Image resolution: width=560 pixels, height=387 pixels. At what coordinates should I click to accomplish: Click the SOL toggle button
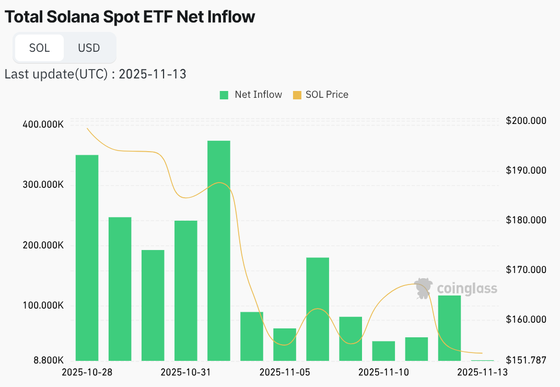[x=39, y=48]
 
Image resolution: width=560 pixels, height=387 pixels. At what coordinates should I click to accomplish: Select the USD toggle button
[x=89, y=48]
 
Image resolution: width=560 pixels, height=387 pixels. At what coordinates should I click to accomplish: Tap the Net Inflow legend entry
[x=251, y=95]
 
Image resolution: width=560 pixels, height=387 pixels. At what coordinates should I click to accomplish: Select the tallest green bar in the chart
[x=218, y=251]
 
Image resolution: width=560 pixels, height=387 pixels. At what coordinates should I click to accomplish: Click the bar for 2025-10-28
[x=87, y=258]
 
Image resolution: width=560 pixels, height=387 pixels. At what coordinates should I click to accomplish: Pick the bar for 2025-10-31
[x=186, y=290]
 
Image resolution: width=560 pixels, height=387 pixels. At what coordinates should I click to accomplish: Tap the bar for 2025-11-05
[x=285, y=344]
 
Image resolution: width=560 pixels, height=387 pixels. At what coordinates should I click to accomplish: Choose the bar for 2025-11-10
[x=383, y=350]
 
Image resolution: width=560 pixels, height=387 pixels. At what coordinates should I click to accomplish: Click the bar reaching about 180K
[x=318, y=309]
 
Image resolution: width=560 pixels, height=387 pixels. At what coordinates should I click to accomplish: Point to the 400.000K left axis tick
[x=43, y=125]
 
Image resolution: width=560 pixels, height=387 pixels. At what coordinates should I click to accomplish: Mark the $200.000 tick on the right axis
[x=526, y=121]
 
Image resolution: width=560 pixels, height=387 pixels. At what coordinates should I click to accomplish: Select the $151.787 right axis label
[x=526, y=360]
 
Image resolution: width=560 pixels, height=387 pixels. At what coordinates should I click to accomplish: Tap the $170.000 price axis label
[x=526, y=270]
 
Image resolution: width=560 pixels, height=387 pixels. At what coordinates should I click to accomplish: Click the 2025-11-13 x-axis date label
[x=482, y=372]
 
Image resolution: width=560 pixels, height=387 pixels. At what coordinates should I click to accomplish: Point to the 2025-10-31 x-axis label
[x=185, y=372]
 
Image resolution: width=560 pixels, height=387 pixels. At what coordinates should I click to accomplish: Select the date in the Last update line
[x=153, y=74]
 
